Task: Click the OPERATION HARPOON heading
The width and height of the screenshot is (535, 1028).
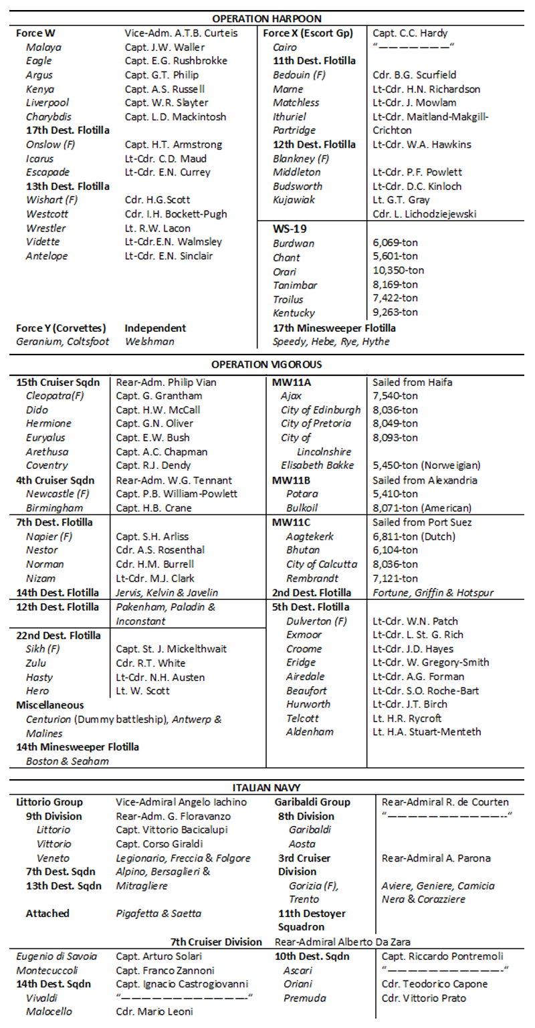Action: click(267, 19)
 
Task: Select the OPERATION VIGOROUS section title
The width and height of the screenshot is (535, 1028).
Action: click(267, 365)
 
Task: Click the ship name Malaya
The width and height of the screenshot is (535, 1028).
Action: click(43, 47)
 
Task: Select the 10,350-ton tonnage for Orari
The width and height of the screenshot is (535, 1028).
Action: click(398, 271)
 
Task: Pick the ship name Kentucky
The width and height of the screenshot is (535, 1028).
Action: click(294, 312)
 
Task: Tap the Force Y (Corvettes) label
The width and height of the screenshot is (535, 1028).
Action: click(61, 328)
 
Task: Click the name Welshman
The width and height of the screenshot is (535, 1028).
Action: click(150, 342)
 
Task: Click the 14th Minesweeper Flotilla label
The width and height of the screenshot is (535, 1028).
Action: click(78, 746)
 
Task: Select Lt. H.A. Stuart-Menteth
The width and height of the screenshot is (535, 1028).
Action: click(427, 732)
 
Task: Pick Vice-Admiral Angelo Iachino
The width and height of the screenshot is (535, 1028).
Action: click(181, 802)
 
